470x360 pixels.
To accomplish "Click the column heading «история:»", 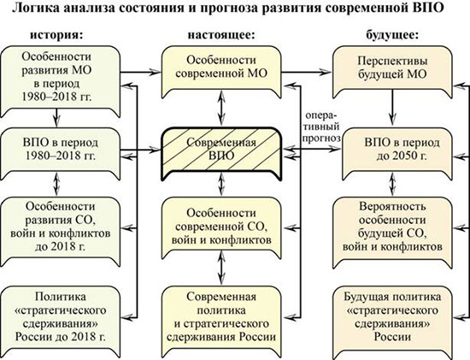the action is point(56,35).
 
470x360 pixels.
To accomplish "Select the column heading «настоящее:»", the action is point(221,35).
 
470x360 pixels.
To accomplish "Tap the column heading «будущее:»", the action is point(392,35).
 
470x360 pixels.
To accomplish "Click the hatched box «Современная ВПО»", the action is point(221,154).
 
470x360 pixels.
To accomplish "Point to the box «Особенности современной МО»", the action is point(221,72).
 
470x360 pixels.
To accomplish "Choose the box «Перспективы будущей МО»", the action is point(392,72).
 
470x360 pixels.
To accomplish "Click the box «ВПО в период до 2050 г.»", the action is point(392,154).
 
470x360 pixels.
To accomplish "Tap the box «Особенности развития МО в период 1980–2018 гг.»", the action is point(60,81).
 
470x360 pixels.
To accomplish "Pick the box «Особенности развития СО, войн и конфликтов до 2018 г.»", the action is point(60,231).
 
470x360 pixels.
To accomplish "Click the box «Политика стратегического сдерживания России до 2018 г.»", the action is point(60,321).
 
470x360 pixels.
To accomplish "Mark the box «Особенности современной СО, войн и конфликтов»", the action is point(221,228).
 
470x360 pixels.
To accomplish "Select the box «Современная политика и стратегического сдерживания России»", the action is point(221,321).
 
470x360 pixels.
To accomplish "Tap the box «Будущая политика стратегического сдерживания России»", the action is point(392,321).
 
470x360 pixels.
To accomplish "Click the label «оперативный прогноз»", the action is point(321,127).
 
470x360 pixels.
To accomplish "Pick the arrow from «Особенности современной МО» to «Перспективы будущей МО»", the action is point(307,72).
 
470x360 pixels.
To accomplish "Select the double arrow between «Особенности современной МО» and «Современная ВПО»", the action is point(221,109).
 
